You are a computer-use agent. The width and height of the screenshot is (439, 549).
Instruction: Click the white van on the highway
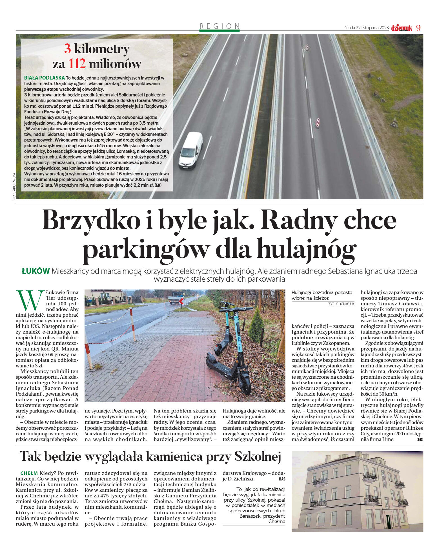[x=190, y=151]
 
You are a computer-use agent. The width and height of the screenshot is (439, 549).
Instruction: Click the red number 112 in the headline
[x=77, y=64]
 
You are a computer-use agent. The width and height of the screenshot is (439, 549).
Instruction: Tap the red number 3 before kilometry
[x=67, y=49]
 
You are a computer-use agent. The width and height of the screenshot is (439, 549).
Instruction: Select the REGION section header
[x=219, y=26]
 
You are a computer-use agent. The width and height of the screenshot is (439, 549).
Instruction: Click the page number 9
[x=418, y=28]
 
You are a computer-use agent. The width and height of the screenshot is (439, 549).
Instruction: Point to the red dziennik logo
[x=401, y=28]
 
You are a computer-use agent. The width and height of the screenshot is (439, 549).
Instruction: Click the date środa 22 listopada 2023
[x=366, y=28]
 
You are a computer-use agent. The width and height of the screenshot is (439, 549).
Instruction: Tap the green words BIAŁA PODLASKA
[x=45, y=78]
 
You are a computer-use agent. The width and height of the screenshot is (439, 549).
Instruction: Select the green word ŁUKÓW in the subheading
[x=36, y=271]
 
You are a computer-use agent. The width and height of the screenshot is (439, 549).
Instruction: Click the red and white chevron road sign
[x=181, y=301]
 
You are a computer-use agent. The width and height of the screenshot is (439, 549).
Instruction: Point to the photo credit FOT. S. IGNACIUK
[x=341, y=304]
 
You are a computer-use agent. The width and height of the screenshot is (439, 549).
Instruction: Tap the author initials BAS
[x=282, y=479]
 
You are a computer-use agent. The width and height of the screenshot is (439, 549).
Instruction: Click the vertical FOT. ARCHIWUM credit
[x=14, y=186]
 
